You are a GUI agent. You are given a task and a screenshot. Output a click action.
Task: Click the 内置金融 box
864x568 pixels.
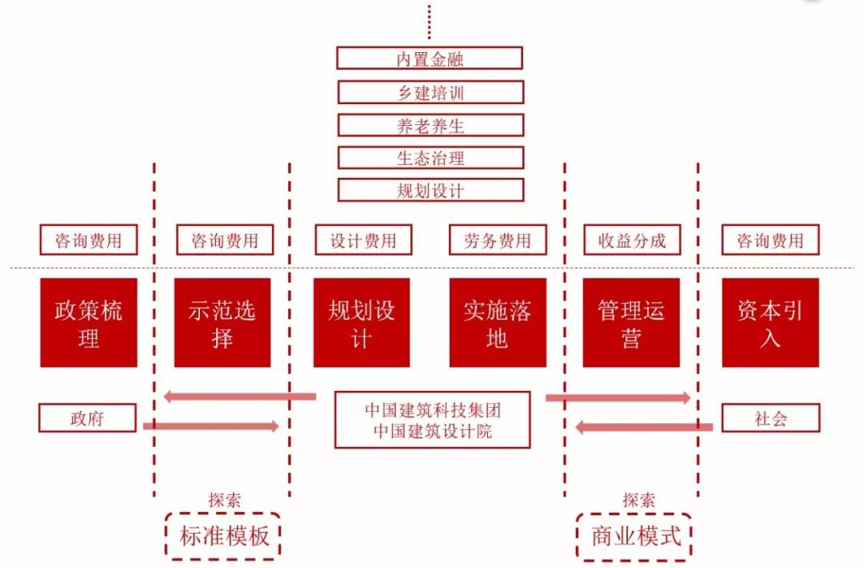tap(430, 58)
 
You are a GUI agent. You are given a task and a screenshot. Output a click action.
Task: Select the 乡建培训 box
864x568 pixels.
tap(430, 92)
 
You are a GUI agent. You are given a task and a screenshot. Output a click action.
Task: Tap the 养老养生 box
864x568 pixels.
tap(430, 125)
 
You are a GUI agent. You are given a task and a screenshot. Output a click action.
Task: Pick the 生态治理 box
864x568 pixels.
tap(430, 158)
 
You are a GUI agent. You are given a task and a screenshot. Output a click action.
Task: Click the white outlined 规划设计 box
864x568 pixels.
tap(430, 190)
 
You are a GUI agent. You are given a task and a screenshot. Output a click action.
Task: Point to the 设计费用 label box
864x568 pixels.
tap(363, 240)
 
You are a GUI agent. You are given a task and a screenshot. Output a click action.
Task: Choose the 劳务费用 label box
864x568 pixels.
tap(498, 240)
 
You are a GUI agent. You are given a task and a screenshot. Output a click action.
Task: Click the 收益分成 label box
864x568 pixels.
tap(632, 240)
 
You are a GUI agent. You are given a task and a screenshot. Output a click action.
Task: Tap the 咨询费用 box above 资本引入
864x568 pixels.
tap(770, 240)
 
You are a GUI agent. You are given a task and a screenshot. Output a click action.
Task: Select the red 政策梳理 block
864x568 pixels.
tap(89, 323)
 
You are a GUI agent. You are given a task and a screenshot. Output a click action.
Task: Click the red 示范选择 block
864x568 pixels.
tap(222, 323)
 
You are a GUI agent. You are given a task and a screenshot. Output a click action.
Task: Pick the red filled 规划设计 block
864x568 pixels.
tap(362, 323)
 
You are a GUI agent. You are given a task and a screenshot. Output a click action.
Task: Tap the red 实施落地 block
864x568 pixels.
tap(498, 323)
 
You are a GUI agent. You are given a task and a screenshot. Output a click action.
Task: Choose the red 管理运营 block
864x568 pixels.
tap(631, 323)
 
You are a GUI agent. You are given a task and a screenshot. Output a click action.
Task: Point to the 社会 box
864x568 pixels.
tap(770, 418)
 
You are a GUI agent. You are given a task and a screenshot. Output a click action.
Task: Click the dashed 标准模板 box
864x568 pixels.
tap(224, 535)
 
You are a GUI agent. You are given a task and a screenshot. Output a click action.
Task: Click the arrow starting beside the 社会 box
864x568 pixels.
tap(644, 428)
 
